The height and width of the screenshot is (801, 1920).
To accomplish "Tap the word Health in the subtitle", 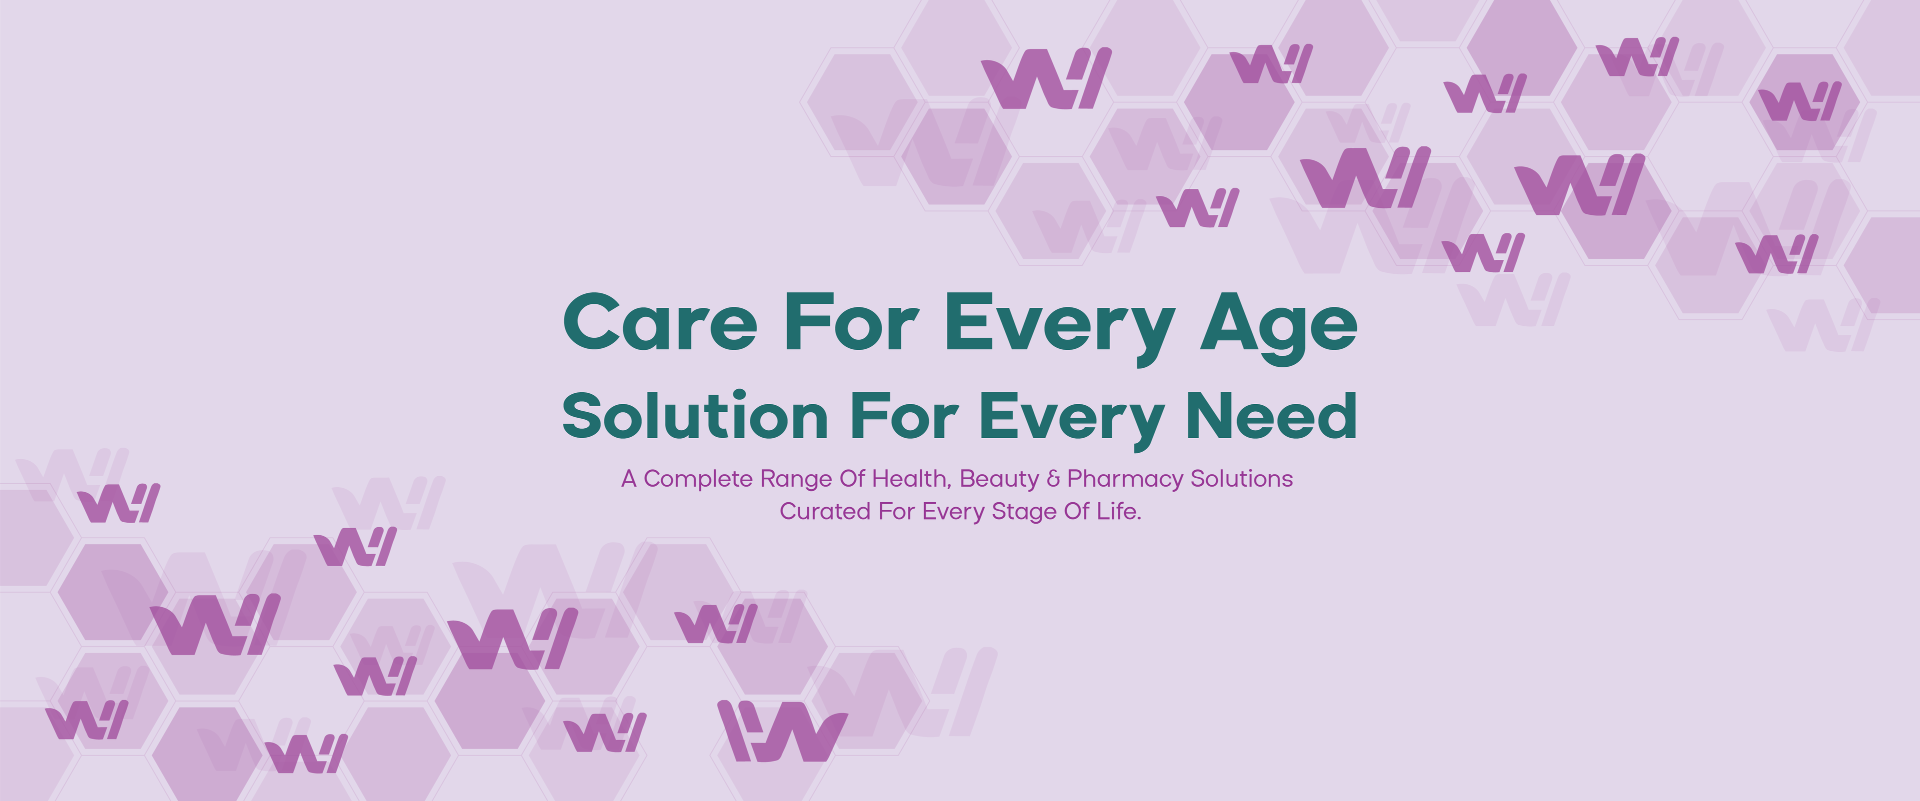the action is point(912,479).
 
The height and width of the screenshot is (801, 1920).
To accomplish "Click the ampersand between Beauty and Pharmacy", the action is point(1053,479).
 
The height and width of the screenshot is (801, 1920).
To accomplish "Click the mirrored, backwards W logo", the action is point(782,731).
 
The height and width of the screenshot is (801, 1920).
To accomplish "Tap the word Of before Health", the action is point(852,479).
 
